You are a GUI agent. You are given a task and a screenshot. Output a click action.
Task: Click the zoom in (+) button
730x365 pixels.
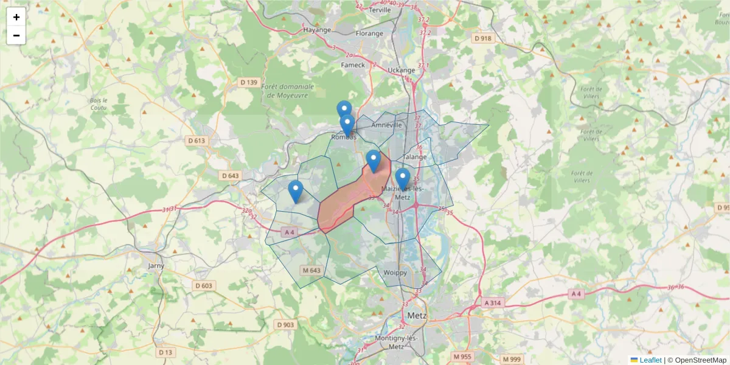pos(16,17)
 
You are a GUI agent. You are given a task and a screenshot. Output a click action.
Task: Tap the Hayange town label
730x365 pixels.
pos(316,30)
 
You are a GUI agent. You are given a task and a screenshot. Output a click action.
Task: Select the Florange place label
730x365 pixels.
pos(369,33)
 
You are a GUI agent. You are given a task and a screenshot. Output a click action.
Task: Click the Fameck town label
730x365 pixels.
pos(353,64)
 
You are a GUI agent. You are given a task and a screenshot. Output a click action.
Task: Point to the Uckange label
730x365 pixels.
pos(401,70)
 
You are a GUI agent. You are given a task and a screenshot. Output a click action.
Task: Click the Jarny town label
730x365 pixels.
pos(156,266)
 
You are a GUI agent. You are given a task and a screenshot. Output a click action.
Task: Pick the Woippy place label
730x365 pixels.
pos(395,273)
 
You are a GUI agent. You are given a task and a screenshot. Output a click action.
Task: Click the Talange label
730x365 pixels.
pos(415,156)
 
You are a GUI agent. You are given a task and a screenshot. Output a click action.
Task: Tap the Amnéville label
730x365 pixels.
pos(387,125)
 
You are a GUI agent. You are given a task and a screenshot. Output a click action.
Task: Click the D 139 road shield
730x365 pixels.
pos(249,82)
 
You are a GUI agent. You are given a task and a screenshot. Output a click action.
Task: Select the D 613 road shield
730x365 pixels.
pos(197,141)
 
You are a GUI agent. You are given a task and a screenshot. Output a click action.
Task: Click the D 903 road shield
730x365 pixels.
pos(285,325)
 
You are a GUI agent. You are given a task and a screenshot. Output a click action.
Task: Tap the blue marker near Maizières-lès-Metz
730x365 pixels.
pos(402,178)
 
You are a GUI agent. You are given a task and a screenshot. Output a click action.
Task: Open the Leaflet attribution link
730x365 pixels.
pos(650,360)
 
